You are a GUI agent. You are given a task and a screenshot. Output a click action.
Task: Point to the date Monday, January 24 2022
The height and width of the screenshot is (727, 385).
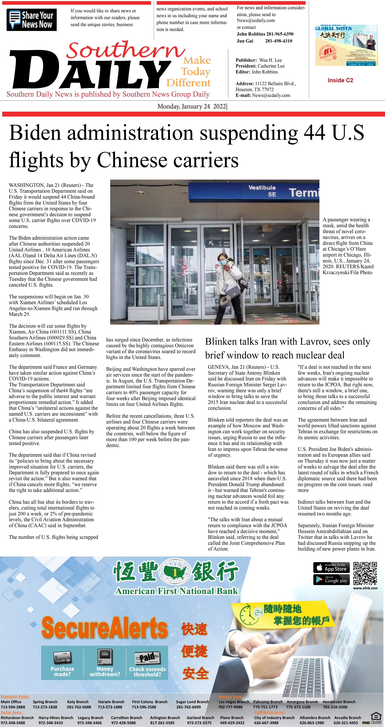[192, 106]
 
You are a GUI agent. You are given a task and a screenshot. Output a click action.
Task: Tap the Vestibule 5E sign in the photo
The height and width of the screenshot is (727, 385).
[262, 191]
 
